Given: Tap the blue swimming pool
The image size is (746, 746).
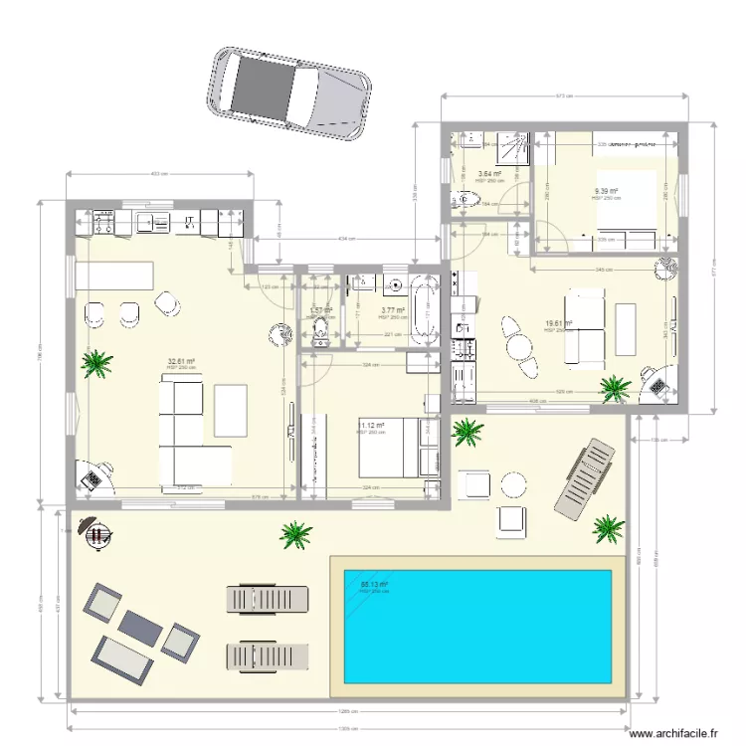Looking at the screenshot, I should pos(476,626).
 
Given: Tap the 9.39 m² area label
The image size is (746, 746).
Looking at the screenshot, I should pos(606,191).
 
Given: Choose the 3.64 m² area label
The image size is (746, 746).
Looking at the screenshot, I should pos(489,174).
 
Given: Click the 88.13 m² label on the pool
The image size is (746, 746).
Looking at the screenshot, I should pos(373,585).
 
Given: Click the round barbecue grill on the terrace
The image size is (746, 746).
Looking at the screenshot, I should pos(96,534).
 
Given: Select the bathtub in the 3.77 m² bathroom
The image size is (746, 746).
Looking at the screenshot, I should pos(425,312).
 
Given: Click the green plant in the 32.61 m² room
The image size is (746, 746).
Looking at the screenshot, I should pos(96,362).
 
